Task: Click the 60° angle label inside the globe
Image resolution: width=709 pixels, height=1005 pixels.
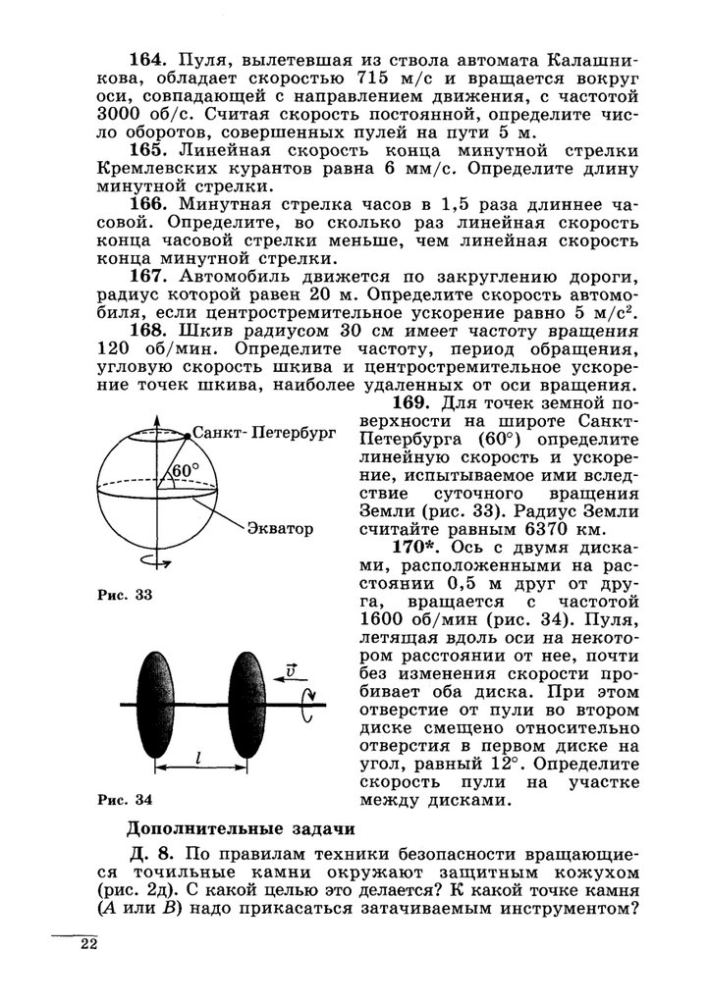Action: pos(185,471)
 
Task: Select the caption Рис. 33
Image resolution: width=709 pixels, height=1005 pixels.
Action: pos(121,596)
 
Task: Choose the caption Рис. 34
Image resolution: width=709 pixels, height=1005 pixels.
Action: pos(121,798)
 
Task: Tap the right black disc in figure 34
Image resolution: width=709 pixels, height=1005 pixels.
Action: pos(244,705)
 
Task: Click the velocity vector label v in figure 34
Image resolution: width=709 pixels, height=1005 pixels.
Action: pos(291,670)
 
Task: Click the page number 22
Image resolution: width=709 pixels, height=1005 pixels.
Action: pos(90,945)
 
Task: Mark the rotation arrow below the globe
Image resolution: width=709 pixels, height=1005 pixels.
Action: pos(161,560)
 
